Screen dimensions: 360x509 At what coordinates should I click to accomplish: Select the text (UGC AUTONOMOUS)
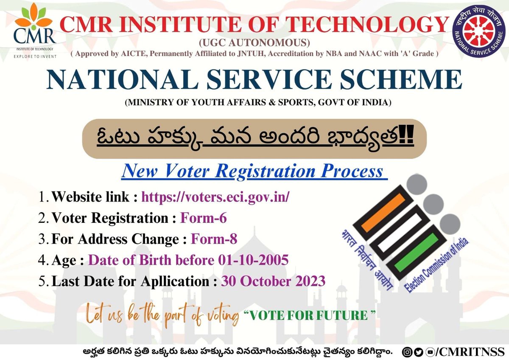click(255, 43)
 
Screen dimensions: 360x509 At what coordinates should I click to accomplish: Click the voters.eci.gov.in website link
click(215, 197)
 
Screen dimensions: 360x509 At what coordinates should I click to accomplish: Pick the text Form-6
click(204, 218)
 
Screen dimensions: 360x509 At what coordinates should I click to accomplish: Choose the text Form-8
click(214, 239)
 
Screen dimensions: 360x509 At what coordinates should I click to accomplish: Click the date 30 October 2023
click(273, 281)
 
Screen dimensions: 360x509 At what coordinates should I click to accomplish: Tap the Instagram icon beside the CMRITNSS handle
click(407, 352)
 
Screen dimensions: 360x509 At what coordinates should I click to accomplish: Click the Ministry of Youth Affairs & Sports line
click(255, 102)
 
